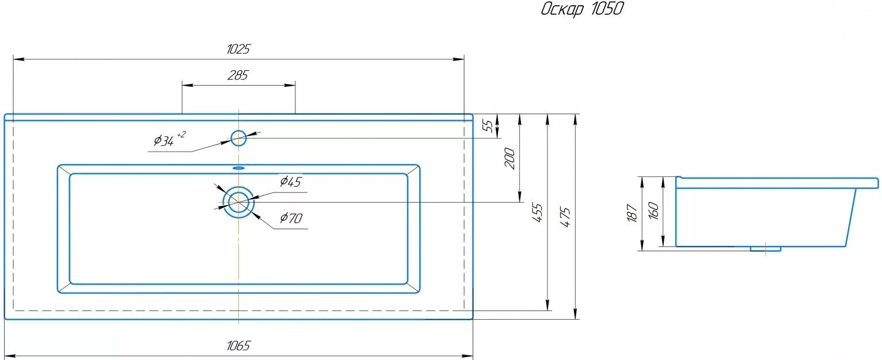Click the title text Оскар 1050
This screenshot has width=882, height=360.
583,9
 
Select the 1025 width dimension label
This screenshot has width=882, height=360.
238,49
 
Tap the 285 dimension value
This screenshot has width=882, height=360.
238,75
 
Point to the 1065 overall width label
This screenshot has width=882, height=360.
238,346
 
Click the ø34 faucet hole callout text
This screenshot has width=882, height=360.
164,140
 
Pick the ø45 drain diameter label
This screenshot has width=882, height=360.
291,181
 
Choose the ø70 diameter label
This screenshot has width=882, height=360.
291,217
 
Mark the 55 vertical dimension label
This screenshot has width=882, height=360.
488,126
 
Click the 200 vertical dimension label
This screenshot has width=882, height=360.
510,158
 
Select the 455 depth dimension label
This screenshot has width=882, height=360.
538,213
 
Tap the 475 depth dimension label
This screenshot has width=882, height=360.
565,217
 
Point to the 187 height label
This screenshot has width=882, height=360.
632,213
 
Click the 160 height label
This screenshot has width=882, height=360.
653,211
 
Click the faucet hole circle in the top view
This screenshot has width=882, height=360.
238,131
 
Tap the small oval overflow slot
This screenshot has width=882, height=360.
238,168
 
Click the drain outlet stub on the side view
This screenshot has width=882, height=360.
765,249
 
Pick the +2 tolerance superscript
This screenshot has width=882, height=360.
181,135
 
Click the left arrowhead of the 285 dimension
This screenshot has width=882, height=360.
188,85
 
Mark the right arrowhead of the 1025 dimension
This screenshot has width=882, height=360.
458,59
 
